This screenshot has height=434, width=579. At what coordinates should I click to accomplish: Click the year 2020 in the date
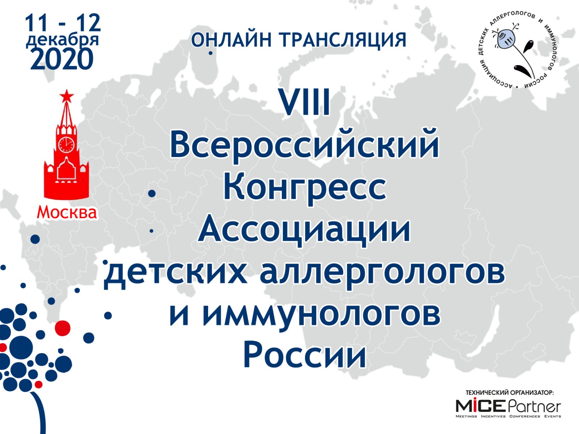coord(62,59)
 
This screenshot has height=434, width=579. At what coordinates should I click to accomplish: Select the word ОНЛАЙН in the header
coord(231,40)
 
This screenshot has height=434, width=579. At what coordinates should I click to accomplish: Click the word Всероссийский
coord(304,145)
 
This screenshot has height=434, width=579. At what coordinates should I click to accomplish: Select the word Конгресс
coord(304,187)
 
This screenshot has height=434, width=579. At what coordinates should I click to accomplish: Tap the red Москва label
coord(67,212)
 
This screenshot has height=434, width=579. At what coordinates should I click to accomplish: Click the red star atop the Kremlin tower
coord(66,96)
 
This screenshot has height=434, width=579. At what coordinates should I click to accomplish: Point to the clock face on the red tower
coord(66,144)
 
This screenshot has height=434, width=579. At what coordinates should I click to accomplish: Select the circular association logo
coord(518,50)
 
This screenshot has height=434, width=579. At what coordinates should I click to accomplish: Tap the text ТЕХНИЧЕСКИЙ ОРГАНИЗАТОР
coord(509,392)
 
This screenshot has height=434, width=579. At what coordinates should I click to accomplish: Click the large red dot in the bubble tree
coord(63,328)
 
